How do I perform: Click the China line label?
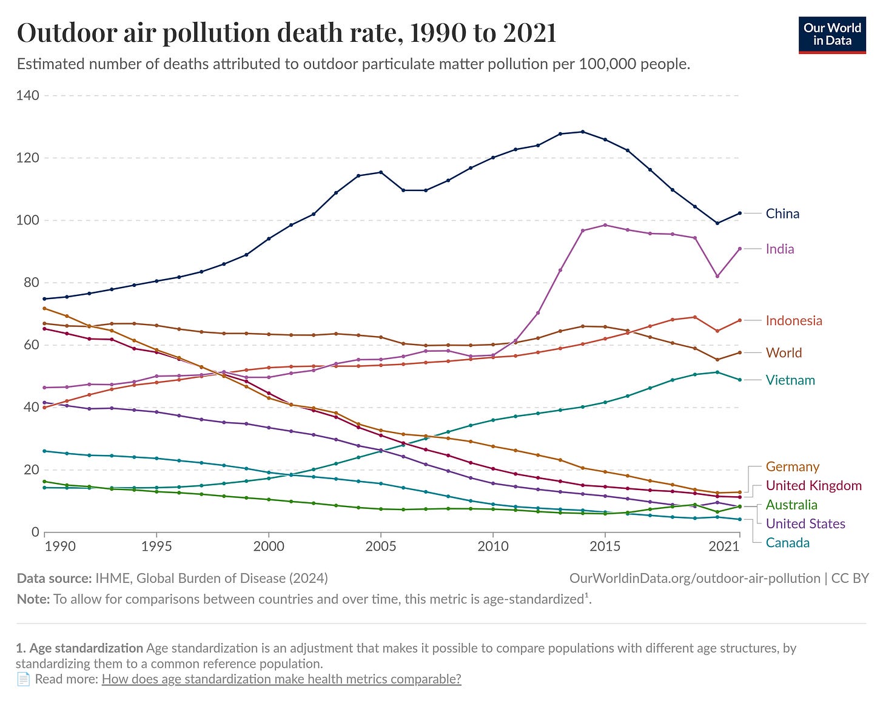click(x=782, y=214)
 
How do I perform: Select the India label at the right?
click(x=779, y=249)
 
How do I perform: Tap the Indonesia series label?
click(x=793, y=321)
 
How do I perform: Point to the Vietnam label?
click(x=790, y=380)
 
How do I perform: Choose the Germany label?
click(x=792, y=466)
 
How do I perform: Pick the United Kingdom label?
click(x=813, y=485)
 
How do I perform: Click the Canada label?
click(x=787, y=543)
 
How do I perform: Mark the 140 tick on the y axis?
click(x=29, y=95)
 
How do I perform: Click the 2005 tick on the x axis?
click(x=380, y=546)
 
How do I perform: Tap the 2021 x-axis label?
click(x=724, y=546)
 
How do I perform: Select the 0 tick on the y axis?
click(x=35, y=532)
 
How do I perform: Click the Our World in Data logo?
click(x=832, y=35)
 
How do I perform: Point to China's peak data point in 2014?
click(x=582, y=132)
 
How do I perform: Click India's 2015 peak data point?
click(x=605, y=225)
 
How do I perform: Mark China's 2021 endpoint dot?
click(x=739, y=213)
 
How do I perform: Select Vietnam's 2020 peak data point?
click(x=717, y=372)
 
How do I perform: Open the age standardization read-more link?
click(x=281, y=679)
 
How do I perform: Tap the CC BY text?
click(x=850, y=578)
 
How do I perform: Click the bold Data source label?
click(x=54, y=578)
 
